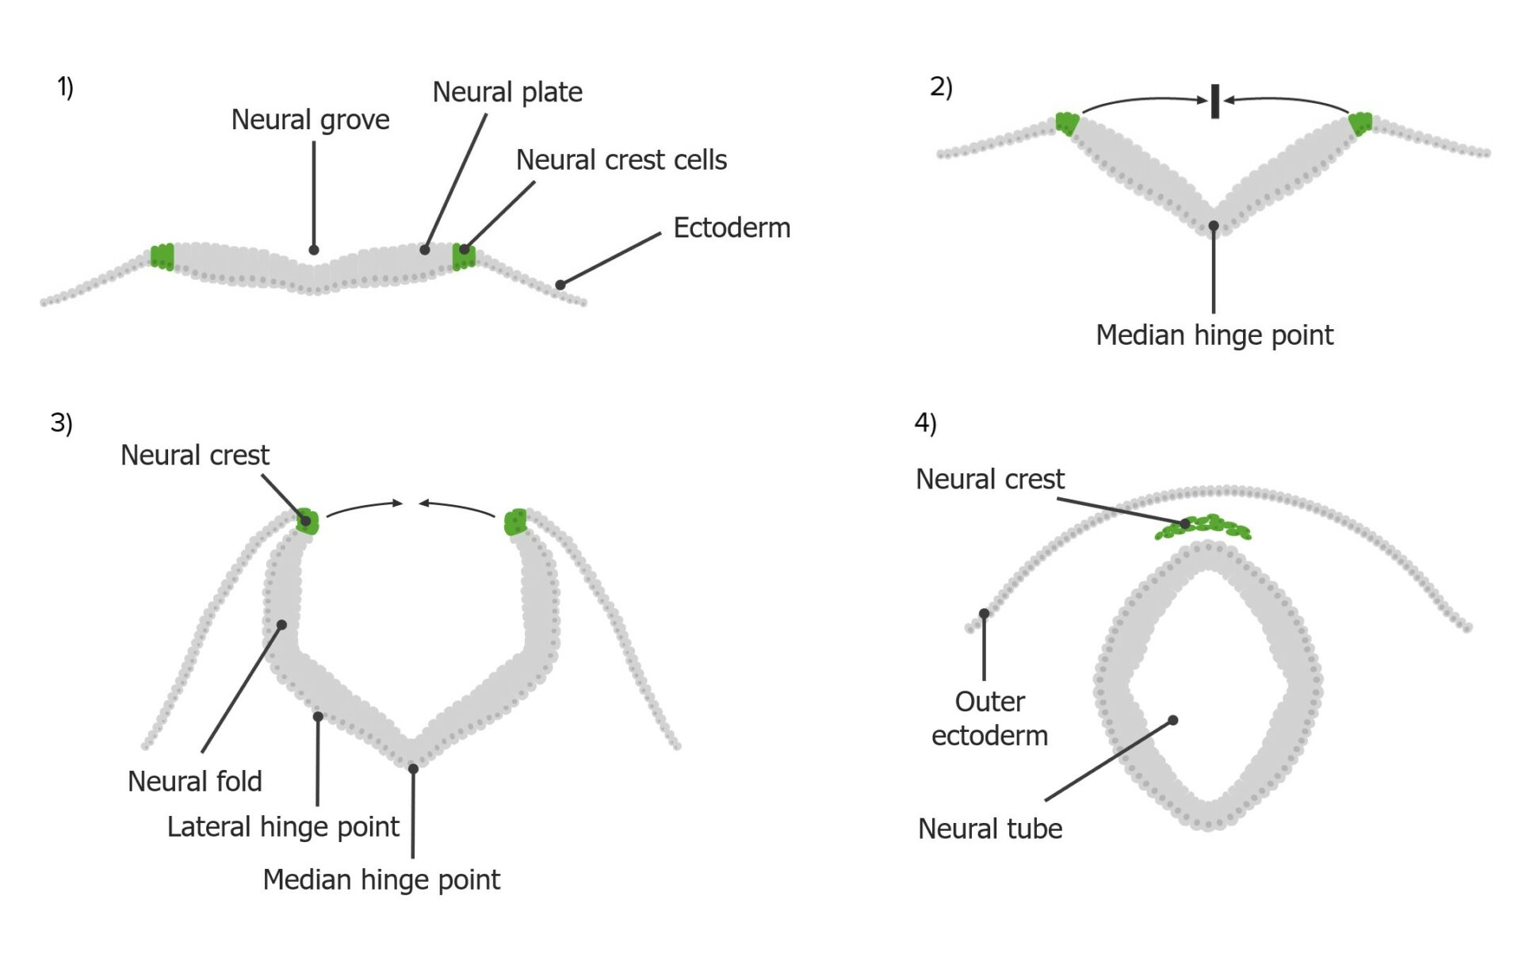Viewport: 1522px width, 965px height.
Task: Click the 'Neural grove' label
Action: (310, 120)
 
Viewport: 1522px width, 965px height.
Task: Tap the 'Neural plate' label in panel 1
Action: (507, 92)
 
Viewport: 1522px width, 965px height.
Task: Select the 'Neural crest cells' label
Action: (621, 160)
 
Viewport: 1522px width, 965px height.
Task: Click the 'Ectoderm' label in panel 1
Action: (731, 228)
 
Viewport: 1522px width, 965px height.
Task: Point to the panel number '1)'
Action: (65, 86)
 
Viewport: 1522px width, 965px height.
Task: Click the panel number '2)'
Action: (940, 86)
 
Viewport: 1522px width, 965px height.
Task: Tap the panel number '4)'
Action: (925, 423)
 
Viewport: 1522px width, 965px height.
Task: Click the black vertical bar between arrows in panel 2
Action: (1214, 101)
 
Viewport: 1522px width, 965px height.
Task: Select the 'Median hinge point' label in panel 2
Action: (1214, 335)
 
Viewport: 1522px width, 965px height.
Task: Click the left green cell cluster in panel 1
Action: (163, 257)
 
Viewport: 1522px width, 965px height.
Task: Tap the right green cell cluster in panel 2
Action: (1360, 124)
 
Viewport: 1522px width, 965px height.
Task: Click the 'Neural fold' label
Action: (194, 782)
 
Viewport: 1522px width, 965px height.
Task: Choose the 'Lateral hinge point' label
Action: (282, 827)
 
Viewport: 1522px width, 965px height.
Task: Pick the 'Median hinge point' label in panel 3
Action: (381, 880)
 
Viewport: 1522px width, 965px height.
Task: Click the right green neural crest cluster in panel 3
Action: (516, 522)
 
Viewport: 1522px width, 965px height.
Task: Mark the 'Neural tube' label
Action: (989, 829)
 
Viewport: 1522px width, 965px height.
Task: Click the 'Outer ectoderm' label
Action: (989, 718)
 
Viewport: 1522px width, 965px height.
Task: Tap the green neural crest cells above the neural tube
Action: (1203, 528)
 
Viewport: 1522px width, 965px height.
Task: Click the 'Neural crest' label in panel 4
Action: (989, 480)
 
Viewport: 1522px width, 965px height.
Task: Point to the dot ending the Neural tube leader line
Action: (1172, 720)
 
